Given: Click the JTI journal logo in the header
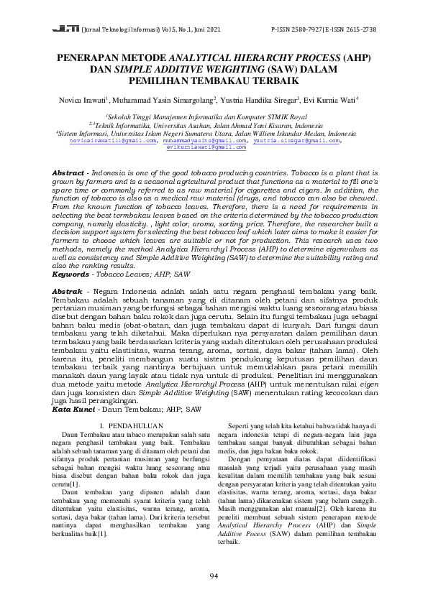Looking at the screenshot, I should [65, 30].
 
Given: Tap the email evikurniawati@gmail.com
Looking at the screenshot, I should [214, 147].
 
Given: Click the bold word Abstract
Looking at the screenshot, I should [69, 175].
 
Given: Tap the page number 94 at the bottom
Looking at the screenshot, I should [214, 576].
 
